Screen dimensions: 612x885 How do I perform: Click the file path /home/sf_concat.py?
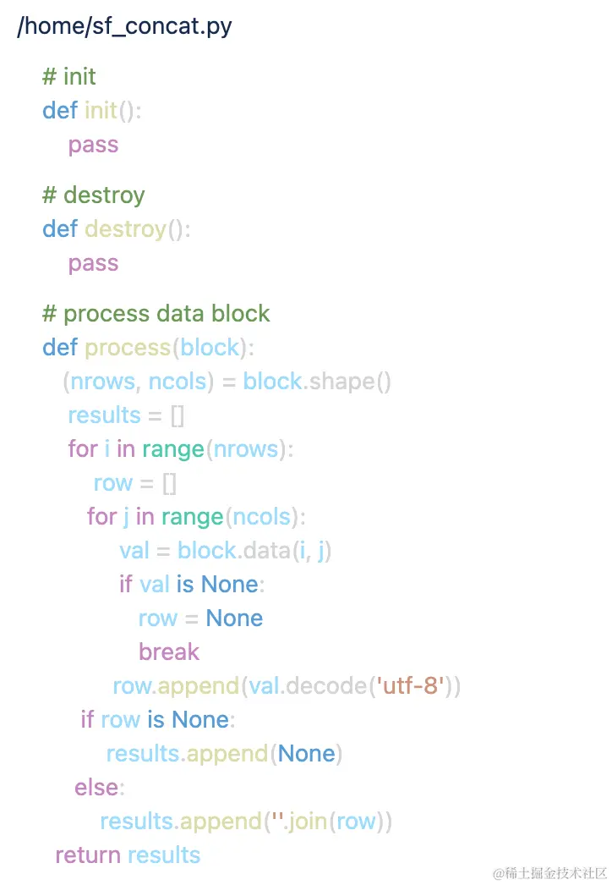pyautogui.click(x=124, y=26)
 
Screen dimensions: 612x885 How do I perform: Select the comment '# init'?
pyautogui.click(x=69, y=77)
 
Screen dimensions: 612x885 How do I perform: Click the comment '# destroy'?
pyautogui.click(x=94, y=195)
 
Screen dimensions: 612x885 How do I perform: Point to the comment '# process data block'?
pyautogui.click(x=156, y=314)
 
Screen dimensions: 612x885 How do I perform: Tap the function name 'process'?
pyautogui.click(x=128, y=348)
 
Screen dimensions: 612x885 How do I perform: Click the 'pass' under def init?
pyautogui.click(x=93, y=145)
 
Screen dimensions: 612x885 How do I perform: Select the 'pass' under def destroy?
pyautogui.click(x=93, y=263)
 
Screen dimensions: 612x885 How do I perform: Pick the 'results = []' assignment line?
pyautogui.click(x=126, y=415)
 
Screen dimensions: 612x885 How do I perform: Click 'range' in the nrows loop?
pyautogui.click(x=173, y=449)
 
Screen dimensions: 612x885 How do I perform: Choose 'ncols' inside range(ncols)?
pyautogui.click(x=261, y=517)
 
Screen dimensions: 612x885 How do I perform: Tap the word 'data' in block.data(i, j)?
pyautogui.click(x=267, y=551)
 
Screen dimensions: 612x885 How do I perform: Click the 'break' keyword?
pyautogui.click(x=169, y=652)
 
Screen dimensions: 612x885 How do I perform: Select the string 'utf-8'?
pyautogui.click(x=413, y=686)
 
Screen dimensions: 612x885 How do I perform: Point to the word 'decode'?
pyautogui.click(x=325, y=686)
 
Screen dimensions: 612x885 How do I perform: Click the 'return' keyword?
pyautogui.click(x=88, y=855)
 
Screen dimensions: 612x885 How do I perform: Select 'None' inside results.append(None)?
pyautogui.click(x=306, y=754)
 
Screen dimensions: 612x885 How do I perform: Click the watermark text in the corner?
pyautogui.click(x=550, y=873)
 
